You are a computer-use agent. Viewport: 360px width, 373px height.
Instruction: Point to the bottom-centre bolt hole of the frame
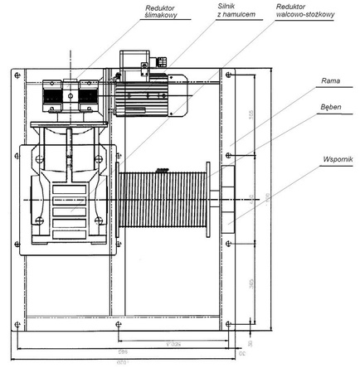120,324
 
